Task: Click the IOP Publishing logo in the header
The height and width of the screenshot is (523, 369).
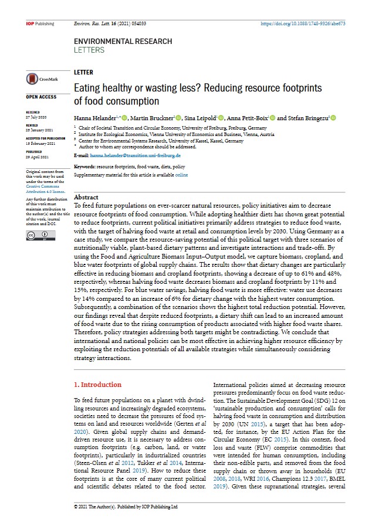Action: (x=40, y=24)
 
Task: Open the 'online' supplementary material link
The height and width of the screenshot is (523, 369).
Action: (x=181, y=175)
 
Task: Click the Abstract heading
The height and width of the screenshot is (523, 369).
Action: (x=86, y=198)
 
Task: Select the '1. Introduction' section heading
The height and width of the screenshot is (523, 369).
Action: (x=97, y=385)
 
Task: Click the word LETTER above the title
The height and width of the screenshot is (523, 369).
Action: (x=84, y=72)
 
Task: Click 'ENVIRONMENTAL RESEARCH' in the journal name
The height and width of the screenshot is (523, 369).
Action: (x=123, y=42)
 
